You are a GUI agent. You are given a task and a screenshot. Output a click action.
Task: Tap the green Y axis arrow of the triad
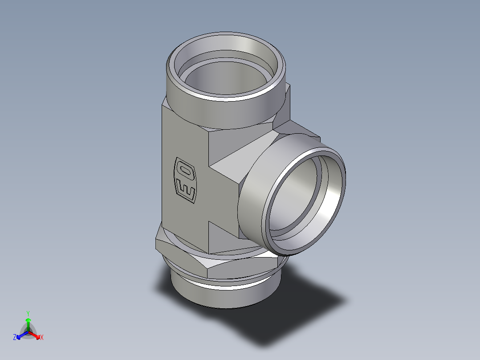[x=28, y=322]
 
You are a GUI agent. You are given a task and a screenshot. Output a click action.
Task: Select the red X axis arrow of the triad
[x=36, y=335]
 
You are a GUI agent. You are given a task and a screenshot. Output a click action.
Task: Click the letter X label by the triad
[x=42, y=338]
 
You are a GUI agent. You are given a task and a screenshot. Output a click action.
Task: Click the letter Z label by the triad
[x=15, y=338]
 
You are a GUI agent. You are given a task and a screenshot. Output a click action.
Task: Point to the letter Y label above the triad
[x=28, y=313]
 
